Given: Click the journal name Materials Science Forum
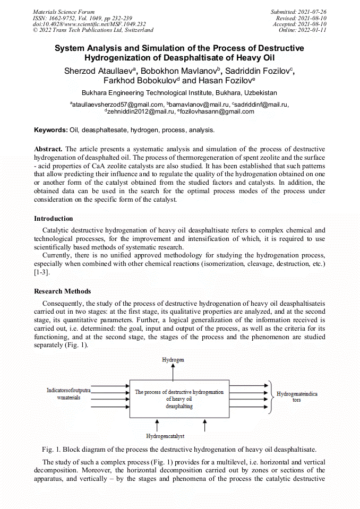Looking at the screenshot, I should pyautogui.click(x=64, y=12).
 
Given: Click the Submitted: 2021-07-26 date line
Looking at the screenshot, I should pyautogui.click(x=298, y=12).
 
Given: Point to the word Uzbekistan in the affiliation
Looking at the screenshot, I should pyautogui.click(x=258, y=93).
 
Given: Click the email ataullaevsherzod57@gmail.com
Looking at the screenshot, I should pyautogui.click(x=117, y=105).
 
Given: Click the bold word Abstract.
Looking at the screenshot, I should pyautogui.click(x=48, y=150).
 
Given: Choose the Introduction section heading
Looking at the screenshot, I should pyautogui.click(x=54, y=219).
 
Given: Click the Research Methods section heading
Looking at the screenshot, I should pyautogui.click(x=63, y=291).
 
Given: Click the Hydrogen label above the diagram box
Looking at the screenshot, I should pyautogui.click(x=173, y=359).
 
